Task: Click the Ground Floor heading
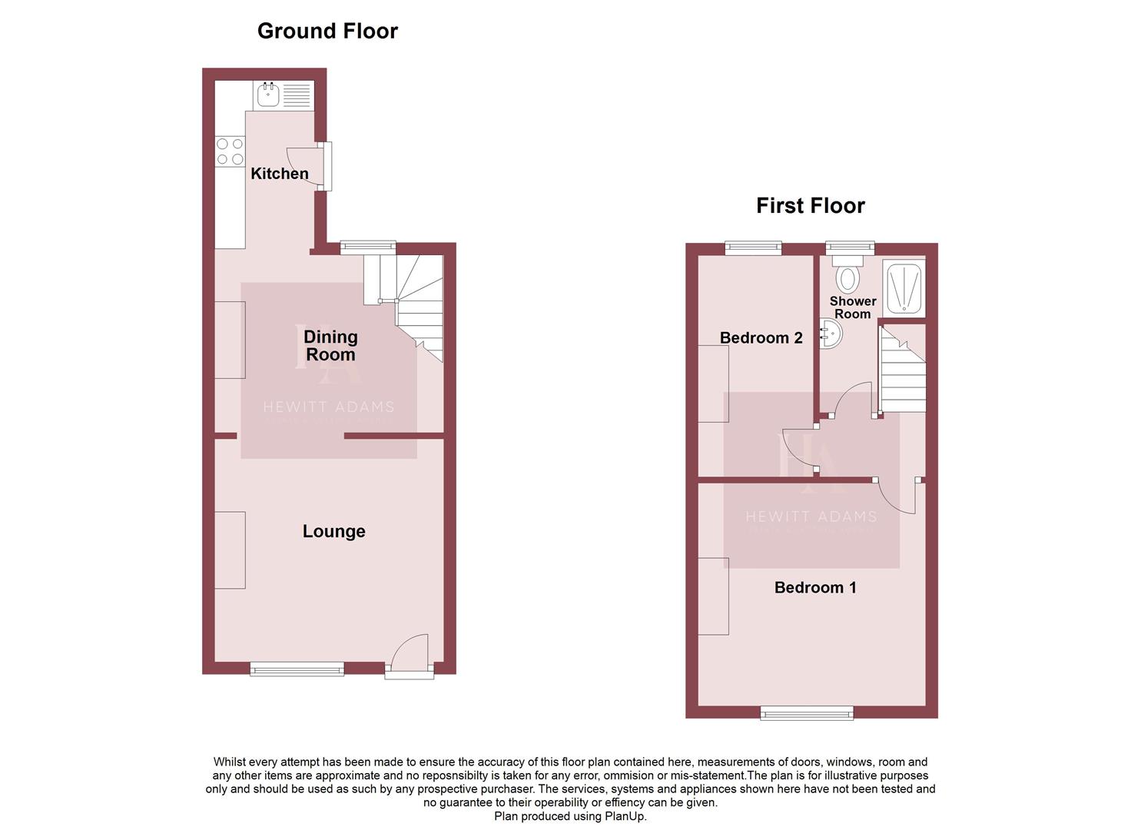[x=327, y=31]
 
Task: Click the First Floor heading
[x=810, y=205]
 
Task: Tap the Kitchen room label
[x=280, y=174]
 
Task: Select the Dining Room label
[x=330, y=346]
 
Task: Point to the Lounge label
[x=333, y=531]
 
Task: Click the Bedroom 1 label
[x=814, y=587]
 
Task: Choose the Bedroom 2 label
[x=761, y=337]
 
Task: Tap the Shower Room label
[x=852, y=307]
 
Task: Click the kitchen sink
[x=268, y=96]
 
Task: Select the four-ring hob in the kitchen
[x=230, y=151]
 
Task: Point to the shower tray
[x=904, y=289]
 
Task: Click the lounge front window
[x=297, y=669]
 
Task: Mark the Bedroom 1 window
[x=807, y=713]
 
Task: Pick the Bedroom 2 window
[x=754, y=247]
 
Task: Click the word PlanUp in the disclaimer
[x=624, y=816]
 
